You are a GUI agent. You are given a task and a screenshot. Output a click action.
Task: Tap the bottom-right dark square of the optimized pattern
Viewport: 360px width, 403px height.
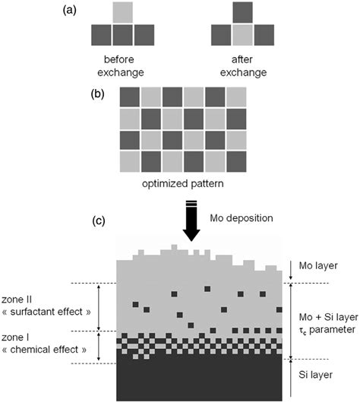tap(238, 161)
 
